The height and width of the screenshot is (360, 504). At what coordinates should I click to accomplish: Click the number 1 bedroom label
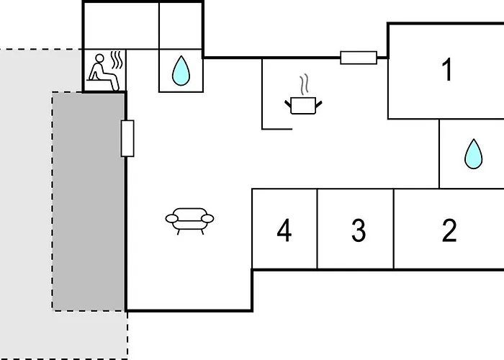point(447,69)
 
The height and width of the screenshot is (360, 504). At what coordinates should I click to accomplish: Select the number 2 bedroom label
point(449,230)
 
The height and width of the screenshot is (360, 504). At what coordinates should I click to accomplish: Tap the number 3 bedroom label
point(359,230)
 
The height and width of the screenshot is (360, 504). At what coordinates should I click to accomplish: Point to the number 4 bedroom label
point(284,230)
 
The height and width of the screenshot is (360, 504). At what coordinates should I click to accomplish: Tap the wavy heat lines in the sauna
point(117,60)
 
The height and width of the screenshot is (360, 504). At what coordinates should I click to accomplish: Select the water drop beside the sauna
point(181,71)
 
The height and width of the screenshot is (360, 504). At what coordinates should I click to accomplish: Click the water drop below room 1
point(474,153)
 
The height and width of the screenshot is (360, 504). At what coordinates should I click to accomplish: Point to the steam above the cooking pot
point(304,84)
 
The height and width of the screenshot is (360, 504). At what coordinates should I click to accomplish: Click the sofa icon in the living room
point(189,221)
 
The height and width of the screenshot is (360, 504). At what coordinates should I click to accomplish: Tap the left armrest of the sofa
point(171,219)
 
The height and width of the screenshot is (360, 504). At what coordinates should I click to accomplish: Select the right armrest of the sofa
point(207,219)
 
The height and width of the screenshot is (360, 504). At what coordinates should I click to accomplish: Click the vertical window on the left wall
point(127,138)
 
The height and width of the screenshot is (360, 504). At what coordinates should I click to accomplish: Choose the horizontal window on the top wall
point(359,58)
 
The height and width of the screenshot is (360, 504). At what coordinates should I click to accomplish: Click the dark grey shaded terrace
point(89,201)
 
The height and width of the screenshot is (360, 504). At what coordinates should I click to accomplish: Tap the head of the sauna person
point(99,58)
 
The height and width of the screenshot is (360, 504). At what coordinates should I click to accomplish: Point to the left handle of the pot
point(288,104)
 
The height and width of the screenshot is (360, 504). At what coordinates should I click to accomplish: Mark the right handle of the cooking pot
point(318,104)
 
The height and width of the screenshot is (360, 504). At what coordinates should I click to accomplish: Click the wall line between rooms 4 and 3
point(318,229)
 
